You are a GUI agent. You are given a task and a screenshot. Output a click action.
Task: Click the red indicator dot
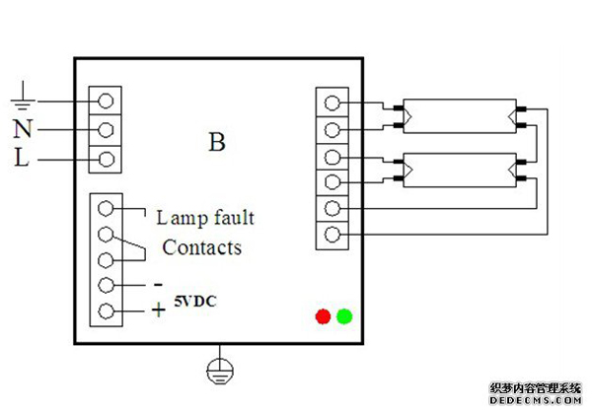coord(322,316)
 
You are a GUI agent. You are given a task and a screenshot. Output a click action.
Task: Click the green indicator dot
coord(344,316)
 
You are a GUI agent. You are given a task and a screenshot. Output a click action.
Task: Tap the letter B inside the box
coord(217,142)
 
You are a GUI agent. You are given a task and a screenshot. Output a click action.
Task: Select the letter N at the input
coord(23,128)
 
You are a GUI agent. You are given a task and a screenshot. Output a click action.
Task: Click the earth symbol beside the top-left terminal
coord(22,97)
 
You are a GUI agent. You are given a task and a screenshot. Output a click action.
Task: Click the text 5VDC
coord(196,301)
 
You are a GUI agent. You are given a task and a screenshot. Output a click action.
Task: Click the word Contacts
coord(201,246)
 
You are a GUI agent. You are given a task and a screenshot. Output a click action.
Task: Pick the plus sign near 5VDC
coord(158,310)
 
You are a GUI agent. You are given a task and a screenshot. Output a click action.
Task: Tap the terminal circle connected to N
coord(106,129)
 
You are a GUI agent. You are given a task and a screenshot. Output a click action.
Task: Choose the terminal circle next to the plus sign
coord(106,312)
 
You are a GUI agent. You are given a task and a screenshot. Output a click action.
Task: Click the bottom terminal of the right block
coord(333,234)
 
